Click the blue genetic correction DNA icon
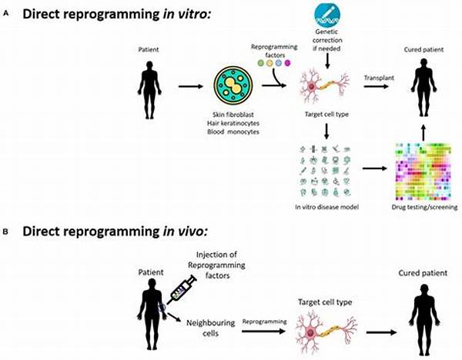point(327,14)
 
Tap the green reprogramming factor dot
point(261,63)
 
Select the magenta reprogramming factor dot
point(287,63)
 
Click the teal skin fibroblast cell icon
point(233,86)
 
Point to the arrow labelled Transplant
point(376,86)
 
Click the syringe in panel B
point(182,289)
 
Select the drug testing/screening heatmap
point(423,171)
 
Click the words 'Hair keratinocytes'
point(233,123)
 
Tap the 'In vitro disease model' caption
point(326,207)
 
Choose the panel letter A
point(5,13)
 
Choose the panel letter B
point(5,232)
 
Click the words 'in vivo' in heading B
point(186,232)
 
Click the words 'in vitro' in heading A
point(187,14)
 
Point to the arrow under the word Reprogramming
point(263,332)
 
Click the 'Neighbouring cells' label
point(210,328)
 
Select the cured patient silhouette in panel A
point(423,88)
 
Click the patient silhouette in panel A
point(149,90)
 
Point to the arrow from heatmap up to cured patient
point(423,134)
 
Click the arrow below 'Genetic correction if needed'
point(327,62)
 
